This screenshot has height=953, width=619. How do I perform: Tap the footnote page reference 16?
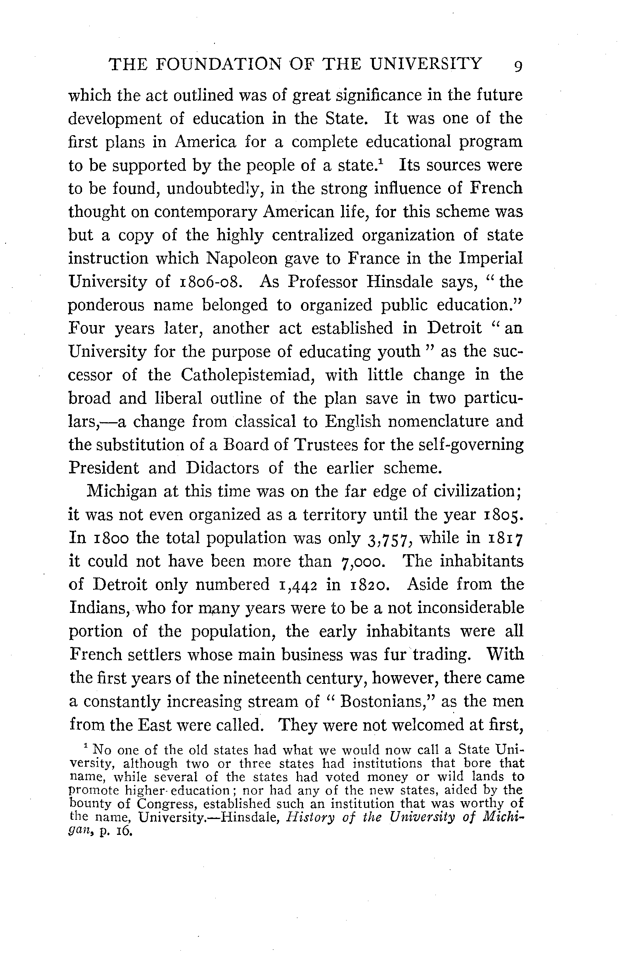tap(123, 831)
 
